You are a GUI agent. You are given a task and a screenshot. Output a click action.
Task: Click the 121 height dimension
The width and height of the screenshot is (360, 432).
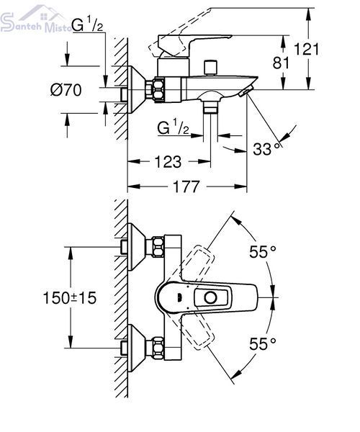pos(306,49)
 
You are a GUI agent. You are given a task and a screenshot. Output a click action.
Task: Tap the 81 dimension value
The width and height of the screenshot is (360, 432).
pos(281,63)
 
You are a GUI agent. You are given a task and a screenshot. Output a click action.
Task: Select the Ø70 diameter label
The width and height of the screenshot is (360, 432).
pos(66,90)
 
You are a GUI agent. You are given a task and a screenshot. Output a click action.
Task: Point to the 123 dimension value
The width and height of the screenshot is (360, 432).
pos(168,162)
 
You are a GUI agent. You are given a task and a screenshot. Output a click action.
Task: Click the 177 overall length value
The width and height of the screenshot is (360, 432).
pos(186,186)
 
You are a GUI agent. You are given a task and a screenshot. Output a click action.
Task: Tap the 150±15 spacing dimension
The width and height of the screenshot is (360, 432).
pos(70,298)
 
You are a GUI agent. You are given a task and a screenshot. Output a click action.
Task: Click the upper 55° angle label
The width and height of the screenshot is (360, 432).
pos(263,251)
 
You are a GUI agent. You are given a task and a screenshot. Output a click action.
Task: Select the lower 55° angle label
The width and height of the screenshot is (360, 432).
pos(263,343)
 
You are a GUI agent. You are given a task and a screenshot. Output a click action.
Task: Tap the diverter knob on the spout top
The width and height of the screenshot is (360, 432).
pos(211,67)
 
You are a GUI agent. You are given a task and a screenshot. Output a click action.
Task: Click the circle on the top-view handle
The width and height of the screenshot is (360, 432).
pos(211,297)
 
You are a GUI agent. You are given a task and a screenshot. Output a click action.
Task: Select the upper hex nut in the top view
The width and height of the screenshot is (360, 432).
pos(158,247)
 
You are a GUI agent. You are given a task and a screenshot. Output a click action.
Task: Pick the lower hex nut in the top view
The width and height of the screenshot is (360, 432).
pos(158,348)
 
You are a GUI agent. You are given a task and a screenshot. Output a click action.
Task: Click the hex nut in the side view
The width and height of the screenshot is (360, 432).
pos(159,90)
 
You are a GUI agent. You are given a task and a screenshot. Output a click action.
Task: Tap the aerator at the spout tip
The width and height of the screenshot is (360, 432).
pos(246,91)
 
